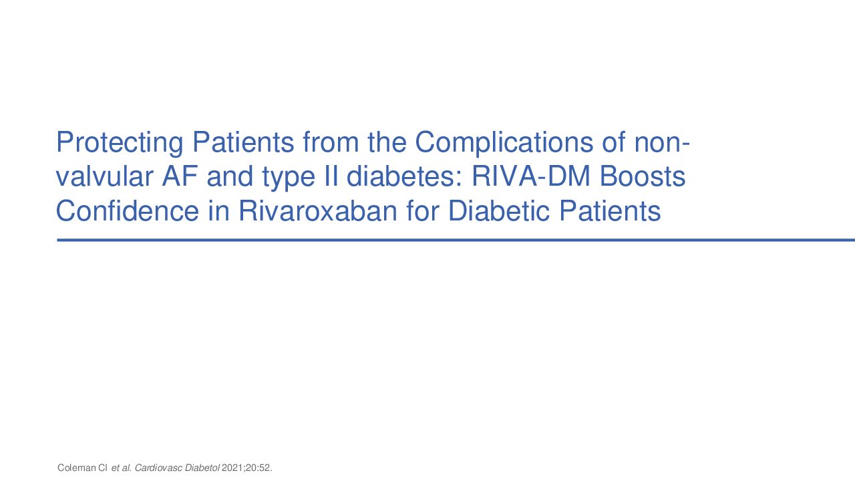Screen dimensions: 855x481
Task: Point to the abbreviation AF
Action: (x=180, y=176)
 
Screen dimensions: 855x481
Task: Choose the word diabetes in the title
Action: (x=405, y=176)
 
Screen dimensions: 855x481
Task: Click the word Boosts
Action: (x=643, y=176)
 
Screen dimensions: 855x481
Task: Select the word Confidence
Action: (x=128, y=210)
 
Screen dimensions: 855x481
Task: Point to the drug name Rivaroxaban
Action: (x=318, y=210)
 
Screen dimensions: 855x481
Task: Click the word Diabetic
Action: (x=499, y=210)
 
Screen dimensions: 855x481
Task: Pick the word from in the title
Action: (x=331, y=142)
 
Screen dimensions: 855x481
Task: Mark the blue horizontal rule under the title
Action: (x=456, y=240)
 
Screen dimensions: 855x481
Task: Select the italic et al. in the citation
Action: (x=122, y=468)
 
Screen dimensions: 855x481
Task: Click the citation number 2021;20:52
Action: (x=247, y=468)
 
